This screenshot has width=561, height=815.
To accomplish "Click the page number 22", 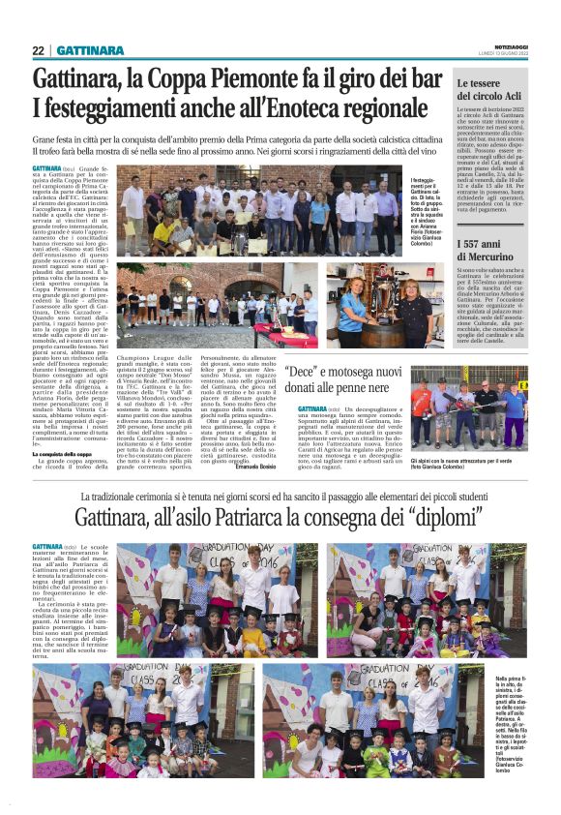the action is coord(38,50).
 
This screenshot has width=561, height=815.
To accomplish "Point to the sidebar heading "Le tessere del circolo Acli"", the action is coord(491,92).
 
